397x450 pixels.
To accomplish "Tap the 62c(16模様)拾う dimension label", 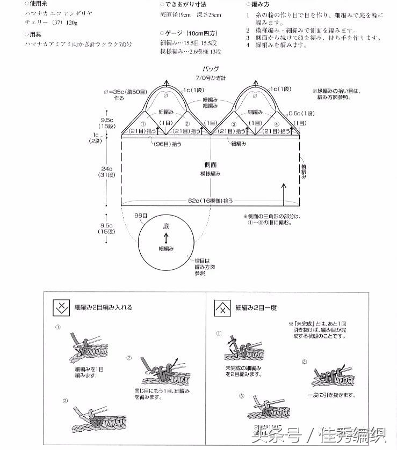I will tap(211, 201).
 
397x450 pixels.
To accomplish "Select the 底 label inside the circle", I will tap(166, 227).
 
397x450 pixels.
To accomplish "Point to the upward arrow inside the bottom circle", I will tap(166, 238).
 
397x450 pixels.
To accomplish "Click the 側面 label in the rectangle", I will tap(211, 165).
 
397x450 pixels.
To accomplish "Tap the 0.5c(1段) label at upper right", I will tap(301, 113).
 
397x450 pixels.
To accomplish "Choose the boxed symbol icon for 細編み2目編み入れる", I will tap(61, 308).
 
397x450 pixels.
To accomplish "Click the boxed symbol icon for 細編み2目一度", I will tap(222, 308).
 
